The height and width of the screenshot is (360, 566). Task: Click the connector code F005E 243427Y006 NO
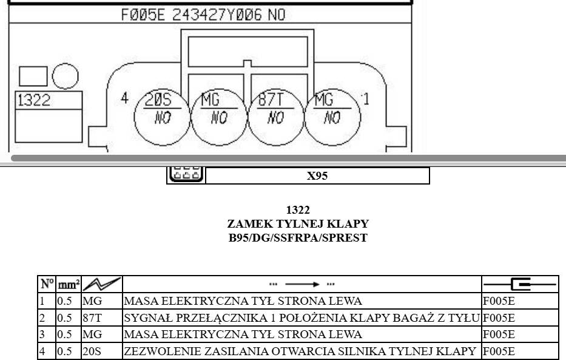tap(203, 15)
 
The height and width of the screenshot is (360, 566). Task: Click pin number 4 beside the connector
tap(124, 98)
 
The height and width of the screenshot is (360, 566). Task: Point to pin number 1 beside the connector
tap(366, 99)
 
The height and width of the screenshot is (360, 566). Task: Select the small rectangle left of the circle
tap(33, 76)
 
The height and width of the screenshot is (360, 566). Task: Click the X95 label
tap(317, 176)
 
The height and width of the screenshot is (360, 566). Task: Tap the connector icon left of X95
tap(186, 175)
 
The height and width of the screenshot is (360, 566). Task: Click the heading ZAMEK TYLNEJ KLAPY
tap(298, 224)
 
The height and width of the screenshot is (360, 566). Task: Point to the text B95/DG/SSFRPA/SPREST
tap(298, 238)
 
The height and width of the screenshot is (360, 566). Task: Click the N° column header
tap(47, 284)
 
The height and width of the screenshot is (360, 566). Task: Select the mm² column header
tap(69, 285)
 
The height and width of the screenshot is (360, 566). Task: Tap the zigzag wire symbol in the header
tap(102, 284)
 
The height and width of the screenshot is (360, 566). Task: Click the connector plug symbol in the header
tap(520, 285)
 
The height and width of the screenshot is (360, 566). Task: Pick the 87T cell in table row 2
tap(92, 318)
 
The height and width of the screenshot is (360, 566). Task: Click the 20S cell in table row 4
tap(92, 351)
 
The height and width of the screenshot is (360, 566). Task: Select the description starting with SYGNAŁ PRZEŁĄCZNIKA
tap(302, 318)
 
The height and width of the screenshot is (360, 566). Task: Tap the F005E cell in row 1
tap(499, 301)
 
